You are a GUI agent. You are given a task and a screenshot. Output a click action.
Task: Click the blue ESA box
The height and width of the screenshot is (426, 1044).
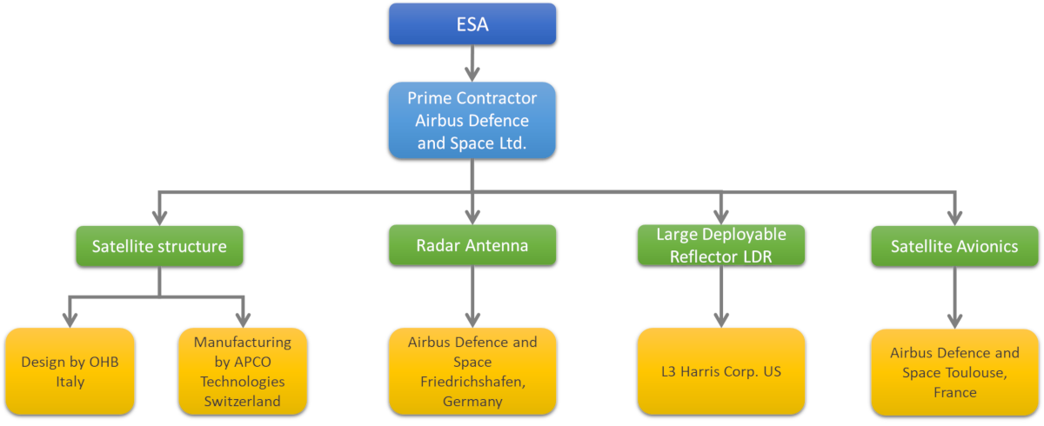[472, 23]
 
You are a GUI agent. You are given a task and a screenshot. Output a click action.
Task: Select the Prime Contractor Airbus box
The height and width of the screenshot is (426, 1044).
[472, 120]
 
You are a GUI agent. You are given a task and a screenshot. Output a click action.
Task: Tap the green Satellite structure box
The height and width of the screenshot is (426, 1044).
[158, 246]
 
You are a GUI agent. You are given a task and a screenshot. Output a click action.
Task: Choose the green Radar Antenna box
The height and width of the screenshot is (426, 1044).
[472, 245]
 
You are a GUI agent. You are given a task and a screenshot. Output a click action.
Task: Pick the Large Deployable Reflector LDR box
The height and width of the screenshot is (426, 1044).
[721, 245]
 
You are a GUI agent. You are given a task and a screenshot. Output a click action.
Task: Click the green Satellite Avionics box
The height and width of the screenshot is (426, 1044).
[954, 247]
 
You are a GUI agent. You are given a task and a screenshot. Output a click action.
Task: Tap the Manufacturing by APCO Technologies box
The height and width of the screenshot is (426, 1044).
[243, 371]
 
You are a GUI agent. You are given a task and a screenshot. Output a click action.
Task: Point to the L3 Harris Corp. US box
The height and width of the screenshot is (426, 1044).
[721, 371]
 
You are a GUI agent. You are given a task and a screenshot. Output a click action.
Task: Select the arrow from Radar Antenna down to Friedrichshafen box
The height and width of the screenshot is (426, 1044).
[472, 296]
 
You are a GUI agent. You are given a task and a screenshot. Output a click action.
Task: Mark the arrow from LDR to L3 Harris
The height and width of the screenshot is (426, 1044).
[721, 296]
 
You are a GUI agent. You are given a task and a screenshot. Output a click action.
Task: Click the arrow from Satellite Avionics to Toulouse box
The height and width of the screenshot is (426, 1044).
[954, 296]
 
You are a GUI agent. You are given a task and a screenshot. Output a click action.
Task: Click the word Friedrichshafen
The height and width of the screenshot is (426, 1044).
[472, 382]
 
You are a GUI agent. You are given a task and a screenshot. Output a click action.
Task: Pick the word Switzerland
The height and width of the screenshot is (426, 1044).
[243, 402]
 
